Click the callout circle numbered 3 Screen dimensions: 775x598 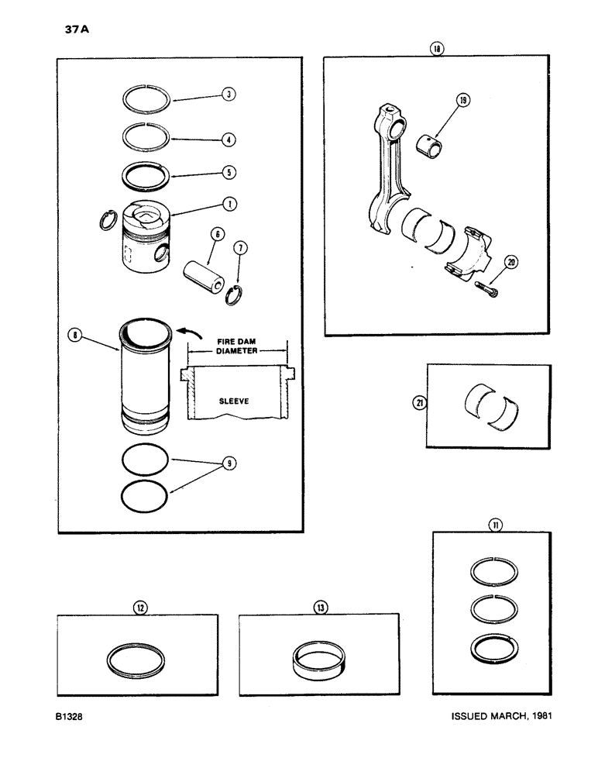coord(227,94)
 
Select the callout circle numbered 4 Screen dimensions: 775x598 coord(227,140)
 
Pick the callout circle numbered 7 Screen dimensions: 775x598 coord(241,248)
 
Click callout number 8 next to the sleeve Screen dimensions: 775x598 coord(74,335)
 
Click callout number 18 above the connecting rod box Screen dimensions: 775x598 coord(438,48)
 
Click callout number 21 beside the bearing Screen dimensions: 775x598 coord(419,402)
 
